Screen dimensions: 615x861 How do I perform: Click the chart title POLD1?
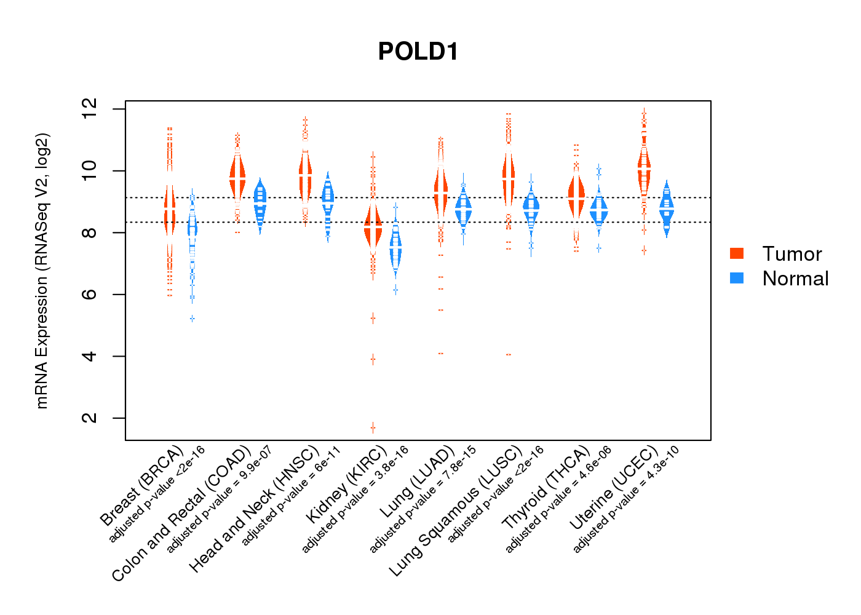pyautogui.click(x=418, y=52)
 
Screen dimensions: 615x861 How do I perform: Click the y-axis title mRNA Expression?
pyautogui.click(x=42, y=271)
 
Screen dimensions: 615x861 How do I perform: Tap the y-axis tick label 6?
pyautogui.click(x=90, y=295)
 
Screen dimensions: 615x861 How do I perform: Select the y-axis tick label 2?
pyautogui.click(x=90, y=418)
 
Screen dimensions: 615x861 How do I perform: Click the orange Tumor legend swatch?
pyautogui.click(x=737, y=253)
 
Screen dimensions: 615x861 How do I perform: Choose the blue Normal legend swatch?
pyautogui.click(x=737, y=278)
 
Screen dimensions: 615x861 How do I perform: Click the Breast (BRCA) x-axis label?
pyautogui.click(x=142, y=486)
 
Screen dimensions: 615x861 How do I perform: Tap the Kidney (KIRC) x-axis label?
pyautogui.click(x=346, y=483)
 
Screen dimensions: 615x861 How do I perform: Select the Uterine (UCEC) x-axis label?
pyautogui.click(x=613, y=487)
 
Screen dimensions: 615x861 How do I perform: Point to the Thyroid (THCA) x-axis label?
pyautogui.click(x=546, y=488)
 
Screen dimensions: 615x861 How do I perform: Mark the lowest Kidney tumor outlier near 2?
pyautogui.click(x=373, y=427)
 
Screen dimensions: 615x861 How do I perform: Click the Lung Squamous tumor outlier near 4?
pyautogui.click(x=509, y=355)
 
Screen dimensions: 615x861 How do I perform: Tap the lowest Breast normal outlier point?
pyautogui.click(x=192, y=319)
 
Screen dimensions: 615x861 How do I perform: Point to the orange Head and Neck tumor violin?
pyautogui.click(x=305, y=175)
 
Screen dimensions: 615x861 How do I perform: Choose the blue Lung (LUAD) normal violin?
pyautogui.click(x=463, y=209)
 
